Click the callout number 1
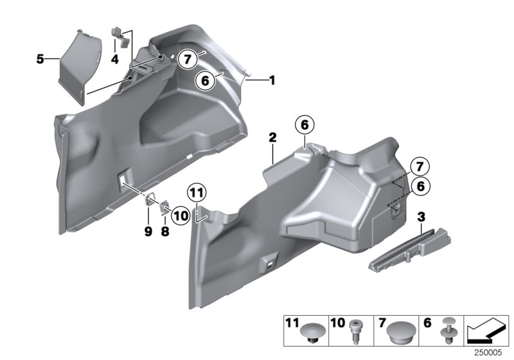pyautogui.click(x=272, y=80)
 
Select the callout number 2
pyautogui.click(x=272, y=138)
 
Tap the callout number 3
pyautogui.click(x=420, y=217)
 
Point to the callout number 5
pyautogui.click(x=40, y=59)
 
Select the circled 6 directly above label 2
pyautogui.click(x=305, y=125)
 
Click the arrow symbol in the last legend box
pyautogui.click(x=486, y=332)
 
